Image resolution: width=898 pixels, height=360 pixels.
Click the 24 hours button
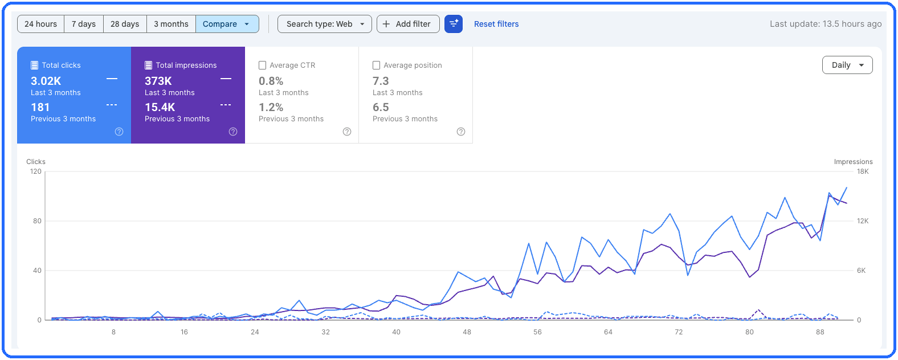tap(40, 24)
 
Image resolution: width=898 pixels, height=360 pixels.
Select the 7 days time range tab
tap(84, 24)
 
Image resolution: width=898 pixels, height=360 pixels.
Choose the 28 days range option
tap(125, 24)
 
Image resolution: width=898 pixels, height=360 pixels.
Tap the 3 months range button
tap(171, 24)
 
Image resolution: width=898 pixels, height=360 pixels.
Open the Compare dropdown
tap(227, 24)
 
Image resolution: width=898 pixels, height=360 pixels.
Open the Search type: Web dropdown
tap(325, 24)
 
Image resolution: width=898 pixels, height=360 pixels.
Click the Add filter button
tap(408, 24)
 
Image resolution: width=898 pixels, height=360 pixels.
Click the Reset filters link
tap(496, 24)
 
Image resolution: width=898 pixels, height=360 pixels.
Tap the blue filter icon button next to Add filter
tap(454, 24)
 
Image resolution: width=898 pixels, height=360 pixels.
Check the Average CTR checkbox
tap(263, 65)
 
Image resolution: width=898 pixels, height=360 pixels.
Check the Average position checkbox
tap(377, 65)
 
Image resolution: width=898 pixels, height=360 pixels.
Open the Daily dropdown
tap(847, 65)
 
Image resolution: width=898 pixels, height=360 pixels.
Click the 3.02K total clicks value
tap(46, 81)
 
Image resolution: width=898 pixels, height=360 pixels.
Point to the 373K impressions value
tap(158, 81)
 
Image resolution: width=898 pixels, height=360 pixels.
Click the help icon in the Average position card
tap(461, 132)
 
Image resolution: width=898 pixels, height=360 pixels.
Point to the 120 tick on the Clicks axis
tap(36, 171)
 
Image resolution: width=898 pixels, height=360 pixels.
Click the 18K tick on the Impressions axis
tap(863, 171)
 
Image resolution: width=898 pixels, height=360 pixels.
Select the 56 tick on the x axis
tap(537, 332)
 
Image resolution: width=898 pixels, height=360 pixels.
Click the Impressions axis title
tap(854, 162)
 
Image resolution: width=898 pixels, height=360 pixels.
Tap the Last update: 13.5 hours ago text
tap(826, 24)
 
